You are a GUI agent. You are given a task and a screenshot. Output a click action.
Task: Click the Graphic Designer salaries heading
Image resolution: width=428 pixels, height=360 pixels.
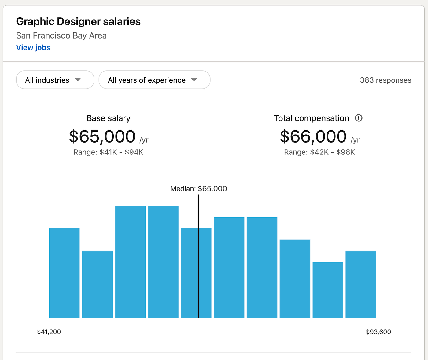(78, 22)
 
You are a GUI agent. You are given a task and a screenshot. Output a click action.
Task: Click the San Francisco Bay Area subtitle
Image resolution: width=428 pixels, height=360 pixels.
(61, 36)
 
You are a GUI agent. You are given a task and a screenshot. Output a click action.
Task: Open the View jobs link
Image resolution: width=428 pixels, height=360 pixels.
(33, 48)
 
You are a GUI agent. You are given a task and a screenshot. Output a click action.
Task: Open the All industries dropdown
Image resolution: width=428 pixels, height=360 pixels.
(55, 80)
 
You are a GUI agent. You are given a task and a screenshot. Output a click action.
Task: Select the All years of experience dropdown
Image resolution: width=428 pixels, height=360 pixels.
(154, 80)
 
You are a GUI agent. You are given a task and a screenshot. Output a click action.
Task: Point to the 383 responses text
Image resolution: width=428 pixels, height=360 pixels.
(386, 80)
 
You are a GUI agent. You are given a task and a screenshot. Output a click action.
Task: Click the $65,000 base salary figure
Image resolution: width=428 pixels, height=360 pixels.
(102, 136)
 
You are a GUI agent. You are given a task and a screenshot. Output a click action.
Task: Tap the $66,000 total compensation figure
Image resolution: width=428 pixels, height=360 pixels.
(313, 136)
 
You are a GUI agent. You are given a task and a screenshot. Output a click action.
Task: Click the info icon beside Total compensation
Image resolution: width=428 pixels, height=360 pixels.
(359, 118)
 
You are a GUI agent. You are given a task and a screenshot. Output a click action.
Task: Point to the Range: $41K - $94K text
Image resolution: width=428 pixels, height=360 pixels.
(108, 152)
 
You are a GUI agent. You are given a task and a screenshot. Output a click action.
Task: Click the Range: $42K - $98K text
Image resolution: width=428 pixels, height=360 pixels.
(319, 152)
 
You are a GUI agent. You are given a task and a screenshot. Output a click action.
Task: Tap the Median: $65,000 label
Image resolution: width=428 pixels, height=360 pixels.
(198, 189)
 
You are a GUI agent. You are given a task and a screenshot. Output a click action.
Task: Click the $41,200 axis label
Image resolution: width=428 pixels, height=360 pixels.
(49, 332)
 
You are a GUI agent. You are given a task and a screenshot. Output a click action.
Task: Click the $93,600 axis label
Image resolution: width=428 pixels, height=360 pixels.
(378, 332)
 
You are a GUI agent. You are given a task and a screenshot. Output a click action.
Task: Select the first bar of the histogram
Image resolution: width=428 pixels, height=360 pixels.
(64, 273)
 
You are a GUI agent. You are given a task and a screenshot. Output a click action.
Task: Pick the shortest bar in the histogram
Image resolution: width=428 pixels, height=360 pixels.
(328, 290)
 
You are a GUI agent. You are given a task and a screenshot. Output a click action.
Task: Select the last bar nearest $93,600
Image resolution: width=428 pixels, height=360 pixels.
(361, 284)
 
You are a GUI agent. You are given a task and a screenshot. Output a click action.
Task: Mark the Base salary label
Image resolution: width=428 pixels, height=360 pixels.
(108, 118)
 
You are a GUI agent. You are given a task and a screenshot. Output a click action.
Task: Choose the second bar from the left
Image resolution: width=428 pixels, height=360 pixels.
(97, 284)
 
